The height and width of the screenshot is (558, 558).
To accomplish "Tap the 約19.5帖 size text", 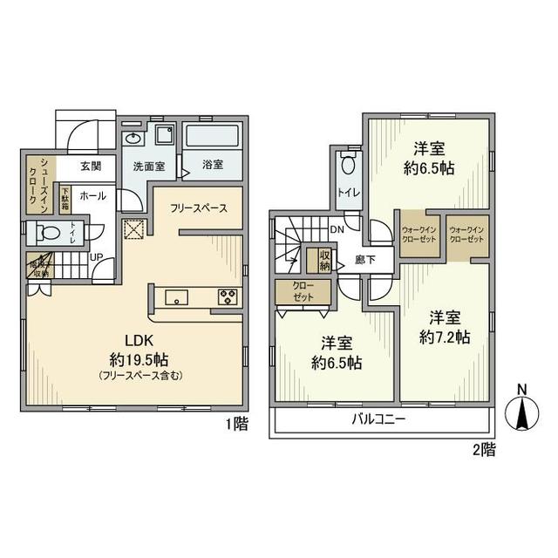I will pyautogui.click(x=133, y=358).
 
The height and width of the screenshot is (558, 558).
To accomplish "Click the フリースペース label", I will pyautogui.click(x=200, y=208).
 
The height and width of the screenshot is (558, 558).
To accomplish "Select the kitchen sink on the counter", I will pyautogui.click(x=175, y=296).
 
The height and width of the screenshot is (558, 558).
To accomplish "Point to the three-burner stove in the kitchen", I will pyautogui.click(x=228, y=296).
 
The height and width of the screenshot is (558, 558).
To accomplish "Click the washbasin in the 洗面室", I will pyautogui.click(x=134, y=139).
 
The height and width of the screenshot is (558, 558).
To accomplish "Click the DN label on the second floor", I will pyautogui.click(x=336, y=229).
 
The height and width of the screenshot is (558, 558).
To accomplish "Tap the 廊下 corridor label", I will pyautogui.click(x=365, y=259).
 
